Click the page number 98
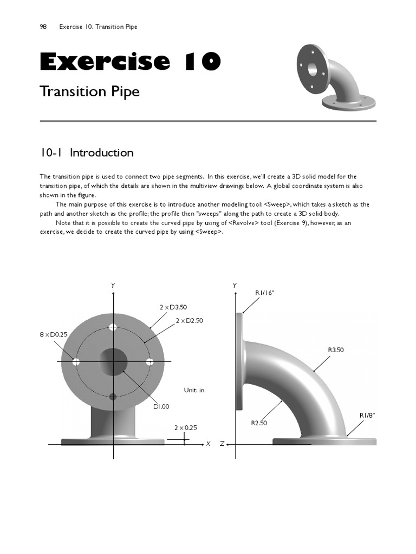pyautogui.click(x=43, y=27)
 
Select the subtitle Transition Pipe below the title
pyautogui.click(x=89, y=91)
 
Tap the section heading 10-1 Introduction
pyautogui.click(x=87, y=153)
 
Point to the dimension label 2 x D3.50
pyautogui.click(x=173, y=307)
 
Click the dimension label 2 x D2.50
pyautogui.click(x=189, y=321)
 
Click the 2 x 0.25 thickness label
pyautogui.click(x=185, y=427)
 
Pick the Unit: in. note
pyautogui.click(x=195, y=390)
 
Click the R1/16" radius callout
pyautogui.click(x=265, y=293)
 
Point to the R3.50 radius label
pyautogui.click(x=336, y=350)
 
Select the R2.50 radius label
pyautogui.click(x=259, y=423)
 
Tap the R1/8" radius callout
pyautogui.click(x=367, y=415)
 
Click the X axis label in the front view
pyautogui.click(x=208, y=444)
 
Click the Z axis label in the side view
pyautogui.click(x=222, y=444)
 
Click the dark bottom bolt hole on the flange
pyautogui.click(x=113, y=397)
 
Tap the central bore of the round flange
pyautogui.click(x=113, y=361)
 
